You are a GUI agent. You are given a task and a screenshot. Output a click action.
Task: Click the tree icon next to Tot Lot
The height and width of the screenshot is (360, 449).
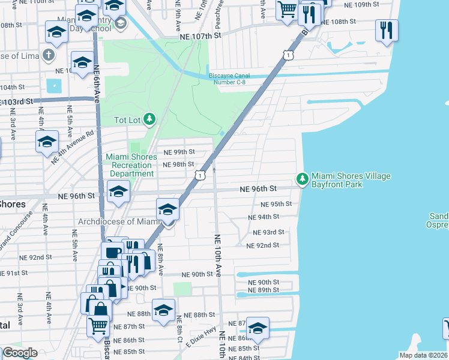point(148,120)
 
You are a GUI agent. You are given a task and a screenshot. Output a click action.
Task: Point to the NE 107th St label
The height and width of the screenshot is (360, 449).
point(200,35)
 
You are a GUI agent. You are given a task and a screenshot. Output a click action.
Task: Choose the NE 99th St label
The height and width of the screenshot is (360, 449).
point(179,152)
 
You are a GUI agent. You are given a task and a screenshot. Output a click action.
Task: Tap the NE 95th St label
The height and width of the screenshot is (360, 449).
point(277,203)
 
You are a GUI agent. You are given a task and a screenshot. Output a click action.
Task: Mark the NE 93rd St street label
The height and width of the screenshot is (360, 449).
point(268,232)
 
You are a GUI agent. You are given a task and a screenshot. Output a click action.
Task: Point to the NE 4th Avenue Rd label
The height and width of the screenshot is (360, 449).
point(73,147)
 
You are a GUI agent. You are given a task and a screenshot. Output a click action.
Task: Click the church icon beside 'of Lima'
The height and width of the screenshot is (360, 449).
point(49,56)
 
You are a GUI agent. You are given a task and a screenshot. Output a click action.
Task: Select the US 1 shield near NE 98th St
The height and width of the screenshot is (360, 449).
point(199,174)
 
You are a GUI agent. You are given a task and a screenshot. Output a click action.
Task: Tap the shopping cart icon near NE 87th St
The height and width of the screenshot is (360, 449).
point(98,326)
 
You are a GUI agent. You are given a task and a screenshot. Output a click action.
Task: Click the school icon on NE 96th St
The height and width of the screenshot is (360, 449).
point(118,192)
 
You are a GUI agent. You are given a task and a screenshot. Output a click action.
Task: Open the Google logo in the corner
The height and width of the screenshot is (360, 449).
point(19,353)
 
